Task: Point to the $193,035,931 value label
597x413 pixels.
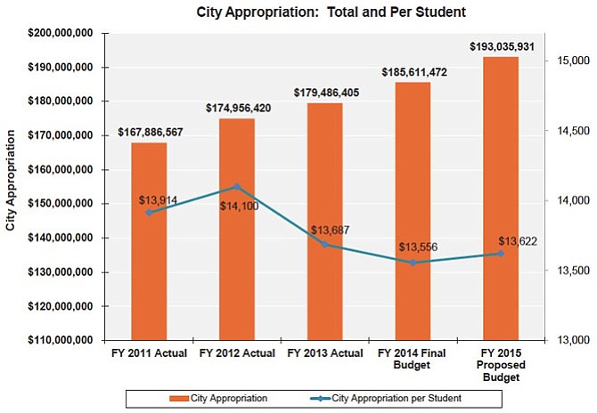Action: point(503,45)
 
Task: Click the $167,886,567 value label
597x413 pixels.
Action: point(150,133)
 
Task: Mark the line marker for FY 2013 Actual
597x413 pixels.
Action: point(325,244)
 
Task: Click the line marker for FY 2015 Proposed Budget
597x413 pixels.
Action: point(501,254)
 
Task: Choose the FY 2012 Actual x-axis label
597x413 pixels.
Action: point(237,353)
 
